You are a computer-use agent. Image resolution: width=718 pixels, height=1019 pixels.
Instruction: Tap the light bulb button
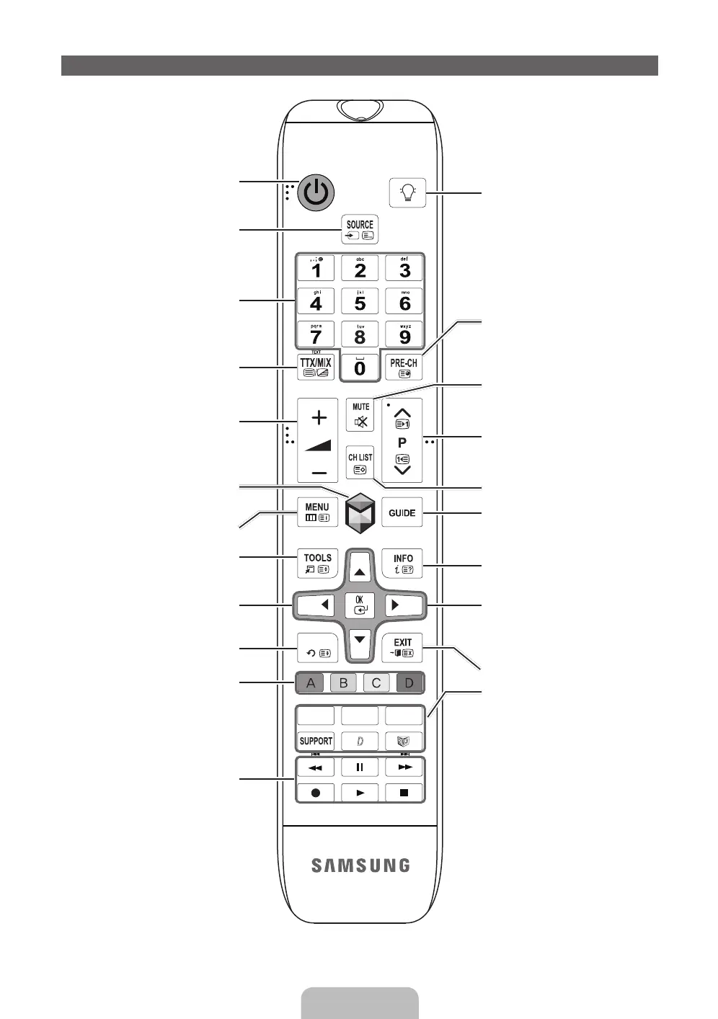(x=407, y=192)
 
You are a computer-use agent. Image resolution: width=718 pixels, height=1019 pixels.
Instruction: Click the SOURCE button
(x=359, y=230)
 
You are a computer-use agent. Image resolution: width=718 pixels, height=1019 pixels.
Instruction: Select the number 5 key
(x=360, y=302)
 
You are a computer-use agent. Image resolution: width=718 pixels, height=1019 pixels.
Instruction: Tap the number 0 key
(x=360, y=368)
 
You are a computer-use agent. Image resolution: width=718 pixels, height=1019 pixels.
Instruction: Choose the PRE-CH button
(x=403, y=367)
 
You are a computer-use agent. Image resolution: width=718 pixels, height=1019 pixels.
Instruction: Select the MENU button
(x=316, y=512)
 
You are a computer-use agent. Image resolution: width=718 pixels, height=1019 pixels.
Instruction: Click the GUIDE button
(x=402, y=512)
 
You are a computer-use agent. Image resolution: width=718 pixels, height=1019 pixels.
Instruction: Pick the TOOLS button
(x=317, y=563)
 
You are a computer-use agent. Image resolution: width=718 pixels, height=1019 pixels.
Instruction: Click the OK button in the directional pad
(x=360, y=605)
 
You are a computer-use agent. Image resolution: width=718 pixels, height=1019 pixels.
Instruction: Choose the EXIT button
(x=402, y=647)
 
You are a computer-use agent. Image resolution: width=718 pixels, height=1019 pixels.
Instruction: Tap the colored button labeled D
(x=409, y=682)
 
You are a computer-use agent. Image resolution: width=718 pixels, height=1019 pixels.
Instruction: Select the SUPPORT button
(x=316, y=741)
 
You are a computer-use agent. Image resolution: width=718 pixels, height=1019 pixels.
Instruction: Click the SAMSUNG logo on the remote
(x=360, y=866)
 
